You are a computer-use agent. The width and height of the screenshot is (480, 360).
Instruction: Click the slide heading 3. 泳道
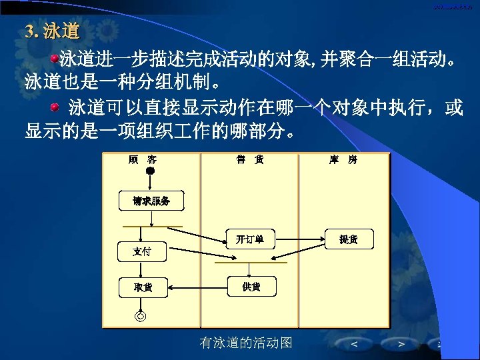[x=52, y=31]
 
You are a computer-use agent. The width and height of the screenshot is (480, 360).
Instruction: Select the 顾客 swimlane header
[x=142, y=160]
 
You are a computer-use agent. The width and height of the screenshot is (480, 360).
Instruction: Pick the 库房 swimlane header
[x=343, y=160]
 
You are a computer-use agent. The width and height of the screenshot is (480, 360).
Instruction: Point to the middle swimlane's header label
[x=249, y=160]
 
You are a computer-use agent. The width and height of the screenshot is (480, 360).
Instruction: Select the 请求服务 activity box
[x=151, y=201]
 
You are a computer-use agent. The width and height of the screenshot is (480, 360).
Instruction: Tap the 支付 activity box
[x=141, y=251]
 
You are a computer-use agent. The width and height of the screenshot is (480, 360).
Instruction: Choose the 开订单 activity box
[x=249, y=239]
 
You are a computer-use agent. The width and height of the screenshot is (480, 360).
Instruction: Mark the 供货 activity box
[x=251, y=287]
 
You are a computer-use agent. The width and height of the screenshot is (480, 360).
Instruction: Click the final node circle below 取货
[x=141, y=315]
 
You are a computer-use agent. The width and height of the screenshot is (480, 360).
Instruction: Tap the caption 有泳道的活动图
[x=246, y=343]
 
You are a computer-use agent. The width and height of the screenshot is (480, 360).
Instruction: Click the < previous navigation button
[x=353, y=344]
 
